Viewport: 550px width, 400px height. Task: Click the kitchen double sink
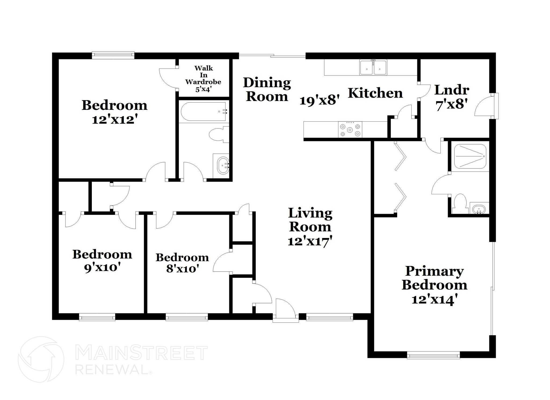coord(373,67)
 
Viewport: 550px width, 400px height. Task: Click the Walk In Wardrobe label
coord(203,78)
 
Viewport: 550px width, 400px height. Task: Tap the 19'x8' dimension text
coord(320,101)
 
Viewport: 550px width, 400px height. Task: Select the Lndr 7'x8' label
coord(452,97)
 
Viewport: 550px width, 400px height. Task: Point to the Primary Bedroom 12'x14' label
coord(434,285)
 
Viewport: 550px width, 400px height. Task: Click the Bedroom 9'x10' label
coord(102,261)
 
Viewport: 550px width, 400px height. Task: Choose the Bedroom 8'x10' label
coord(182,262)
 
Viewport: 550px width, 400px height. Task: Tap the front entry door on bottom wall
coord(285,312)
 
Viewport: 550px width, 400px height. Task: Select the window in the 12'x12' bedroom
coord(113,55)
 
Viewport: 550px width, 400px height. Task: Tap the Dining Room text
coord(267,89)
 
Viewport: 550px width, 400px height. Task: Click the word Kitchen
coord(375,93)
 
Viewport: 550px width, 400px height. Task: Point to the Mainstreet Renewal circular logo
coord(41,359)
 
